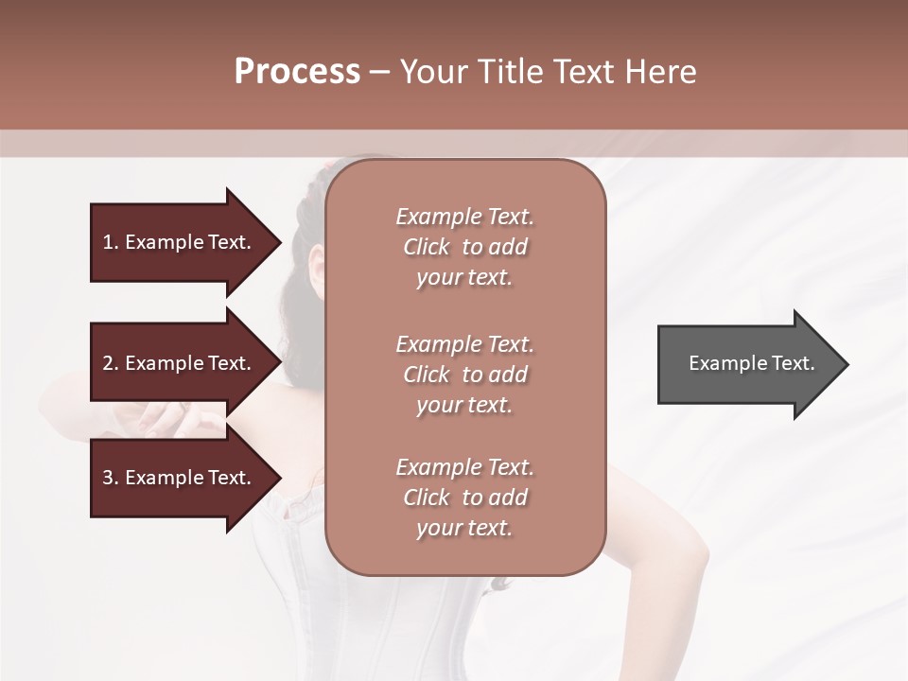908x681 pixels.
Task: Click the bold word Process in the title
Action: [x=297, y=72]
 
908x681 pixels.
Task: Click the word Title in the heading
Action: [x=510, y=72]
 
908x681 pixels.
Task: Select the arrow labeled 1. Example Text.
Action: [x=180, y=242]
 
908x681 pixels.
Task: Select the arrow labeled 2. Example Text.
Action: [x=180, y=363]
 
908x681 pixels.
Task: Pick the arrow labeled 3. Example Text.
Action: [x=180, y=478]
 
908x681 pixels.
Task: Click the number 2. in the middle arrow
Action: [x=111, y=363]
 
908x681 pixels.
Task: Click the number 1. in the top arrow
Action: [x=111, y=242]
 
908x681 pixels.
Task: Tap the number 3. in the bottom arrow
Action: [x=111, y=478]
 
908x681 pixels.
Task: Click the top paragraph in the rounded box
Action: [x=464, y=247]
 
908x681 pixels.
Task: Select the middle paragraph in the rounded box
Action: [x=464, y=374]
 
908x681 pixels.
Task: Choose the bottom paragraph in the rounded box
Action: [x=464, y=498]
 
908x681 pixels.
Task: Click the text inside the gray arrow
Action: [x=751, y=363]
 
